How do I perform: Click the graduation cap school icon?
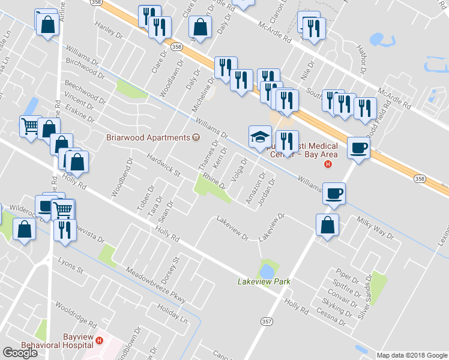pyautogui.click(x=261, y=137)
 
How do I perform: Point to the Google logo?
pyautogui.click(x=20, y=353)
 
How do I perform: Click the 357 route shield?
pyautogui.click(x=265, y=322)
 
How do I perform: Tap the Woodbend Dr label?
pyautogui.click(x=120, y=178)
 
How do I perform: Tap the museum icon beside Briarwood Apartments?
pyautogui.click(x=196, y=137)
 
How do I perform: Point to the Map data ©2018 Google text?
pyautogui.click(x=412, y=355)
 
